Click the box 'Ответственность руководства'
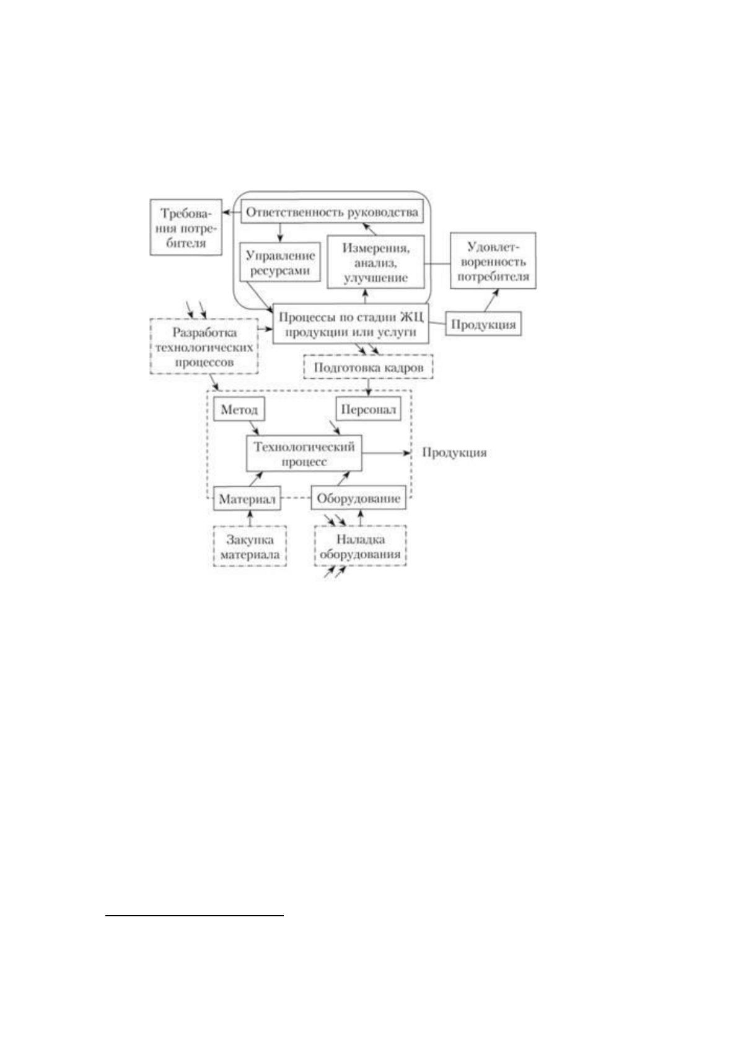pos(332,212)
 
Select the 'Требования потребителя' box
pos(185,228)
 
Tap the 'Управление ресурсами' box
pos(281,262)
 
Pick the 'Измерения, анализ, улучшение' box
pos(376,262)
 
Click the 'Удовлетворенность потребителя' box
pos(493,260)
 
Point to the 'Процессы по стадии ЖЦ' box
pos(350,324)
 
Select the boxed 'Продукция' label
pos(483,324)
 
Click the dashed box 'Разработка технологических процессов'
pos(204,347)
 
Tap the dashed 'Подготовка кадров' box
pos(368,367)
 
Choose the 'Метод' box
pos(239,409)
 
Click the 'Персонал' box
pos(368,409)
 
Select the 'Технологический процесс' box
pos(304,453)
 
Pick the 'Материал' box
pos(247,498)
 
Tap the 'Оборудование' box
pos(358,498)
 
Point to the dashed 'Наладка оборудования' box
pos(360,546)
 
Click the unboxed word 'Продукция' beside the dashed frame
pos(454,453)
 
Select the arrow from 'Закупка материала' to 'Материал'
pos(250,518)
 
